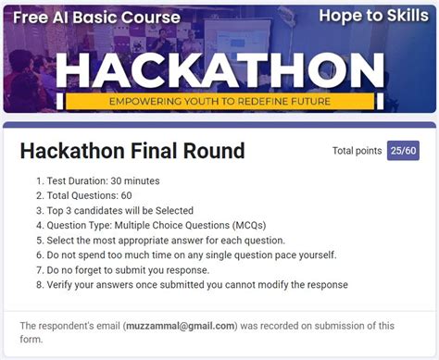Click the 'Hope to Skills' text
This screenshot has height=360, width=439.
372,15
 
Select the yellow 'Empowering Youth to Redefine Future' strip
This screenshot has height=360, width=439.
219,100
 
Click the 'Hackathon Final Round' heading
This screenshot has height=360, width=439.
132,151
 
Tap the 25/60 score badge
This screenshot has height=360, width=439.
403,151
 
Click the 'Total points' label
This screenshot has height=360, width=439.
357,151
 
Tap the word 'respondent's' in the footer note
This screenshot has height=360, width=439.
75,326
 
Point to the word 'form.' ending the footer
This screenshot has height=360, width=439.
33,339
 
